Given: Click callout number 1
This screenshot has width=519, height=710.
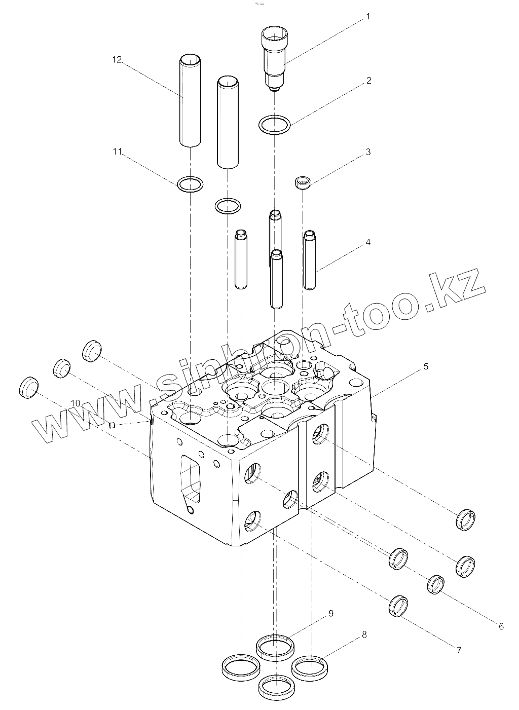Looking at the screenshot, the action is click(x=367, y=17).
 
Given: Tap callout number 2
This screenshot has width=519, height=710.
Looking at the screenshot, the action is click(x=368, y=81).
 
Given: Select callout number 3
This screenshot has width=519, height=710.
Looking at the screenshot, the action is click(x=368, y=152).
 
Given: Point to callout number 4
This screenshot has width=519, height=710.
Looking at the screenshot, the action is click(x=368, y=242).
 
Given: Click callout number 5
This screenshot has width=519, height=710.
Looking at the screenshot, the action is click(x=425, y=366).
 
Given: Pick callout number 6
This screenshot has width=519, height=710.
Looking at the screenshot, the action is click(x=501, y=627).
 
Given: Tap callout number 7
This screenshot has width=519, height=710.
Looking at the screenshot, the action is click(x=459, y=650).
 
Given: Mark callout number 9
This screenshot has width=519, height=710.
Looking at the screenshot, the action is click(x=330, y=613).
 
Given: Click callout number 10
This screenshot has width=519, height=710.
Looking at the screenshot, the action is click(x=76, y=403).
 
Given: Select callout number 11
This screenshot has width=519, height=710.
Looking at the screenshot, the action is click(x=117, y=152).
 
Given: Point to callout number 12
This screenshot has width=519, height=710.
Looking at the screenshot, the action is click(x=117, y=60).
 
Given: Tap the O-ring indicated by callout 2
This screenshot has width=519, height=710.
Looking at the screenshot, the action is click(x=274, y=125).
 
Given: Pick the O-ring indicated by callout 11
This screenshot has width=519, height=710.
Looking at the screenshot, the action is click(x=191, y=184).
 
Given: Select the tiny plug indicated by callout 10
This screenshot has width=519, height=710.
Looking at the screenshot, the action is click(x=113, y=425).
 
